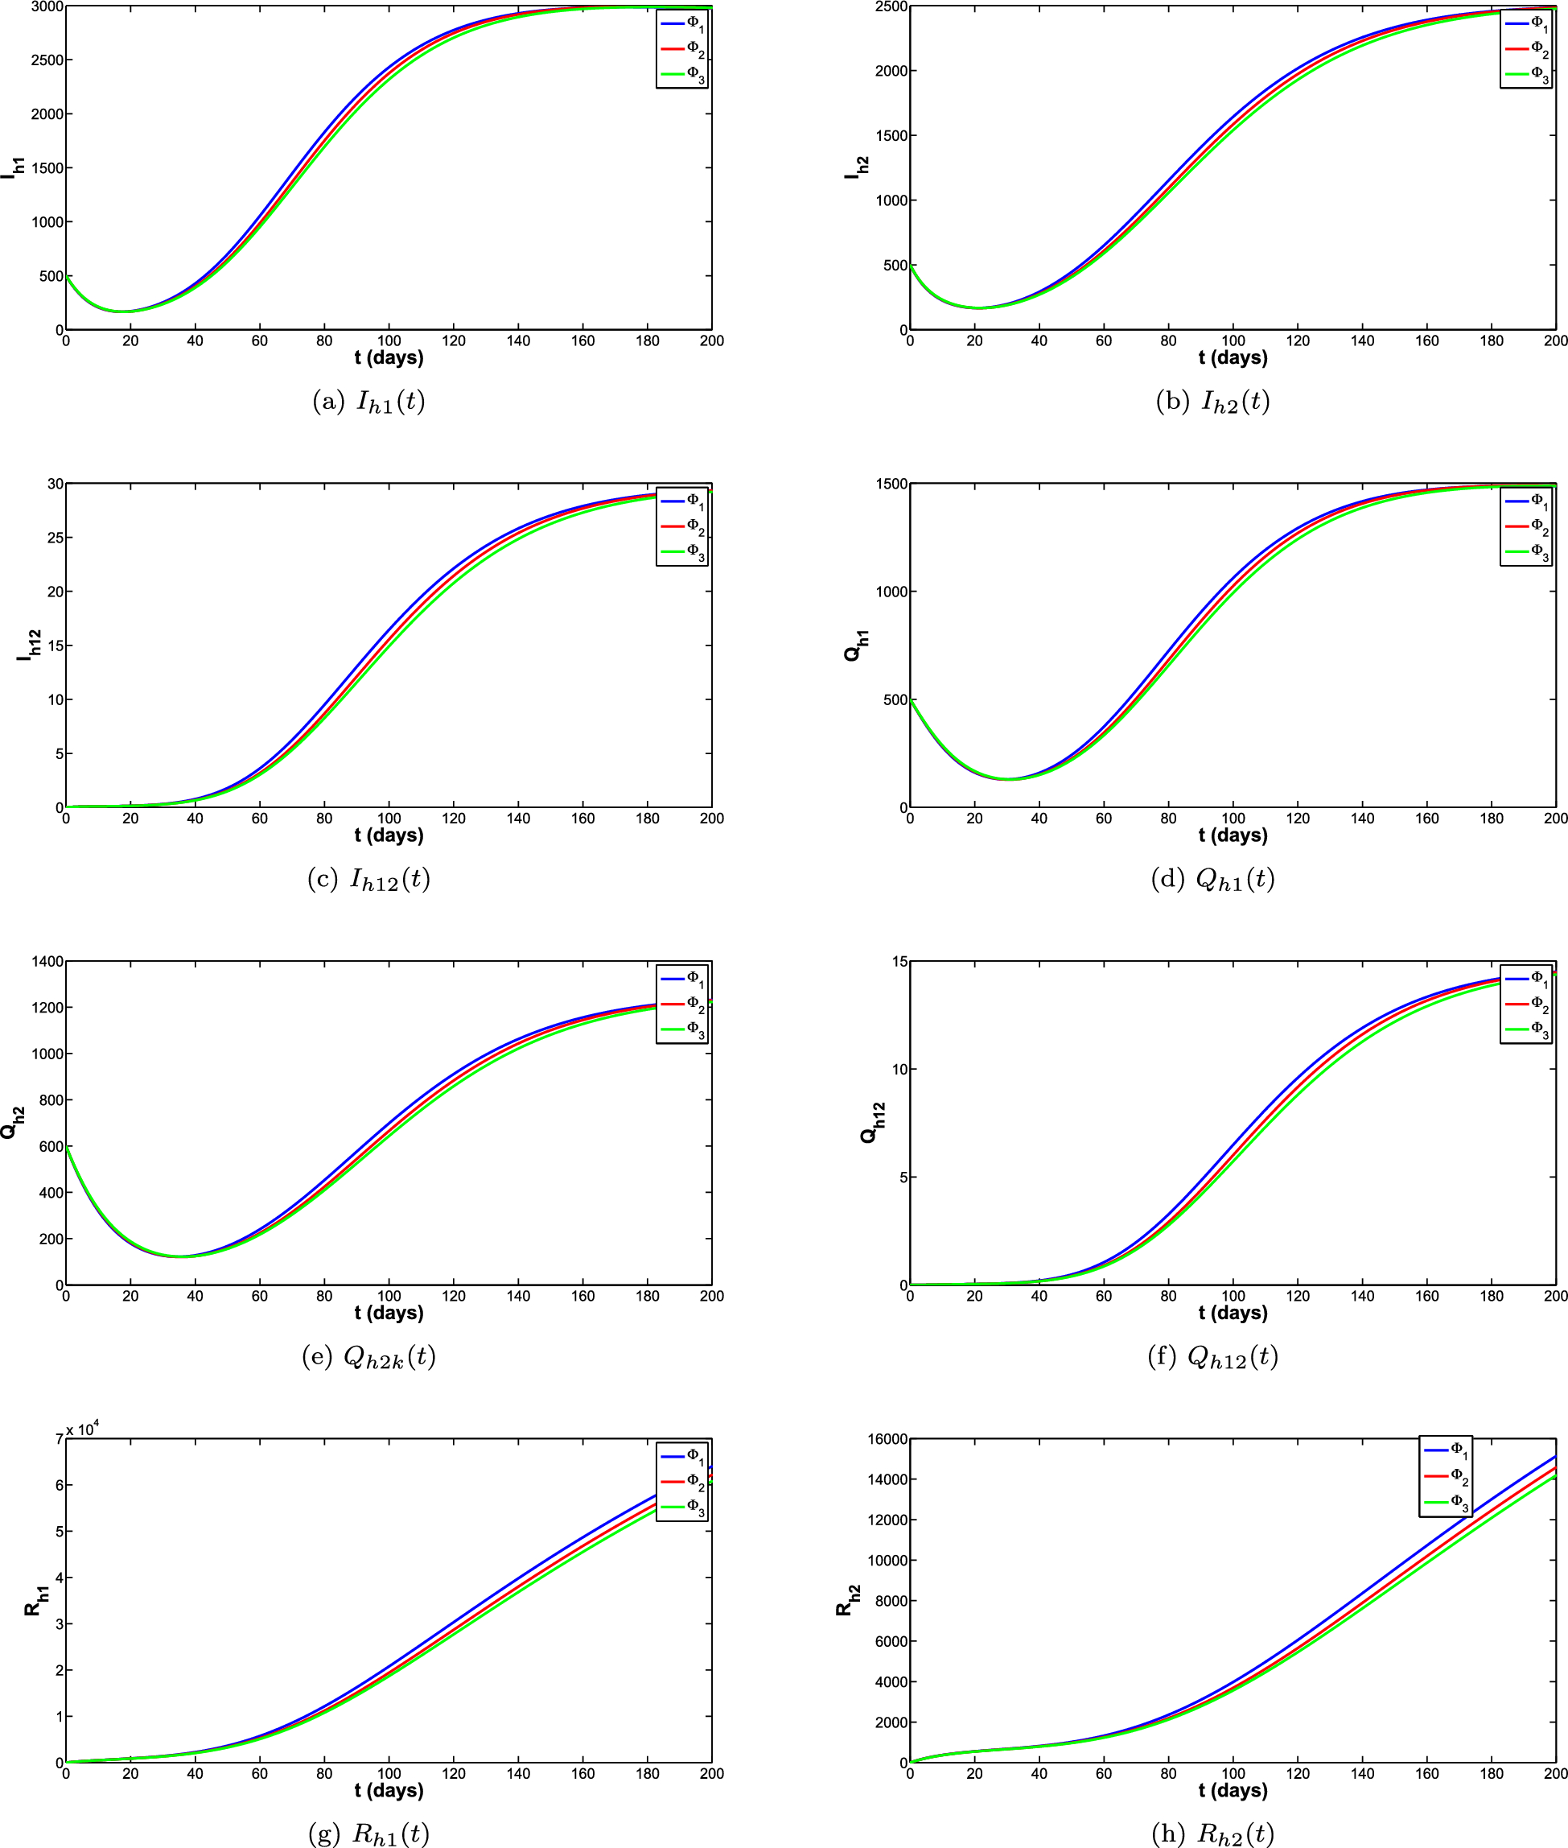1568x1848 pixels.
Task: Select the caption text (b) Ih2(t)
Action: pyautogui.click(x=1212, y=402)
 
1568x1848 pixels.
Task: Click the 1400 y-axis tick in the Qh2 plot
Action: pyautogui.click(x=47, y=961)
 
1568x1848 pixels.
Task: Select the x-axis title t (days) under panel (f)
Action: pyautogui.click(x=1232, y=1313)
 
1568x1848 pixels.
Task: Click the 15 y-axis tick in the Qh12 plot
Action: pyautogui.click(x=899, y=961)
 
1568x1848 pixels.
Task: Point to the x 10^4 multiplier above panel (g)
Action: pyautogui.click(x=83, y=1430)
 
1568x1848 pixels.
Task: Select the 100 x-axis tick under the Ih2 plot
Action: pyautogui.click(x=1232, y=340)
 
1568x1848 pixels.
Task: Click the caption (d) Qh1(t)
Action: pyautogui.click(x=1212, y=880)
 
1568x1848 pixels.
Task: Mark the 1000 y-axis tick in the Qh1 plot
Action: pyautogui.click(x=891, y=592)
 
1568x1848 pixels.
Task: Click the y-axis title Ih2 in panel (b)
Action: pyautogui.click(x=857, y=167)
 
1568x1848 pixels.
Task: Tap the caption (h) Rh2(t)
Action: pyautogui.click(x=1212, y=1834)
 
